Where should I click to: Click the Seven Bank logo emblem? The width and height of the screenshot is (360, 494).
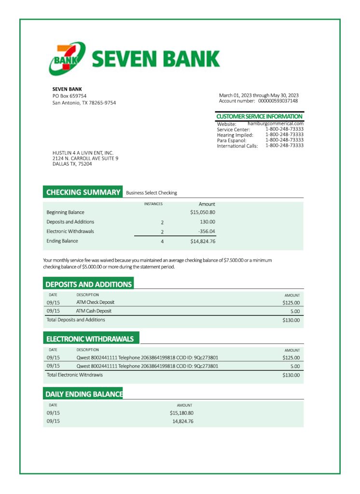(x=67, y=59)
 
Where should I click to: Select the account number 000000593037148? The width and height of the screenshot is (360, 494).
(x=277, y=101)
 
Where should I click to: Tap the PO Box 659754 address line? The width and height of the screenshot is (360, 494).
(x=69, y=96)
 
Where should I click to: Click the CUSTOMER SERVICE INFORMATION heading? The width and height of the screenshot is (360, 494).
(x=259, y=117)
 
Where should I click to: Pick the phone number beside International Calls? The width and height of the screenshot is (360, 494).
(x=284, y=145)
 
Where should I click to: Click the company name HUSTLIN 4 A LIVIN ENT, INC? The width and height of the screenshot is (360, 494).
(x=83, y=153)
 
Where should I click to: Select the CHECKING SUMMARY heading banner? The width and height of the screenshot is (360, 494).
(x=83, y=192)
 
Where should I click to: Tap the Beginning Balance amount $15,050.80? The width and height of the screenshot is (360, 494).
(x=202, y=212)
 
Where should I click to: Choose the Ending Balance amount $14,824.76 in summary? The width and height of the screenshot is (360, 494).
(x=202, y=241)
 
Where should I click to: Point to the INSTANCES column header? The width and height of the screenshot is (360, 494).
(x=153, y=204)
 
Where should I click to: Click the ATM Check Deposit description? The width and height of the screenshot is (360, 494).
(x=95, y=302)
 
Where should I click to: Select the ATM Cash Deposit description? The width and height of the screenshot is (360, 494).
(x=94, y=311)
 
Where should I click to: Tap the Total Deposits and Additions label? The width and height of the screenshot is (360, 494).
(x=75, y=320)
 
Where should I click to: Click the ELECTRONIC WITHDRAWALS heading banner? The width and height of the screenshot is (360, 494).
(x=90, y=339)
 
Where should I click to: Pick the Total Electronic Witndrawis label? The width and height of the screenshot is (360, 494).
(x=74, y=375)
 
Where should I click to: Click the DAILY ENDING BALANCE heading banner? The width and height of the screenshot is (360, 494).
(x=83, y=394)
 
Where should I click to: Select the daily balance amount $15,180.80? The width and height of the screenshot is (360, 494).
(x=181, y=413)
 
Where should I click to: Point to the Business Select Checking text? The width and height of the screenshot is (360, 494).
(x=151, y=193)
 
